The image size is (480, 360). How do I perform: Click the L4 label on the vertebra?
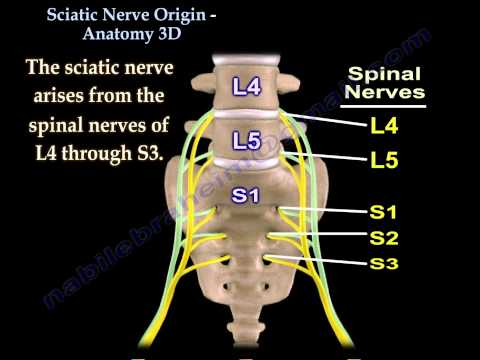point(245,87)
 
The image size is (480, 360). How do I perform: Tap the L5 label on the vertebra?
point(245,141)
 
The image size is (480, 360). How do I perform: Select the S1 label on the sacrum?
point(244,195)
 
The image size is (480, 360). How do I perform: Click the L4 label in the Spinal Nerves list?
point(384,126)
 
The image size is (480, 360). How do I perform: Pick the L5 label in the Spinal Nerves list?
point(384,160)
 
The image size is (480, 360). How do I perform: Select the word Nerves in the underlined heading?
point(385,95)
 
